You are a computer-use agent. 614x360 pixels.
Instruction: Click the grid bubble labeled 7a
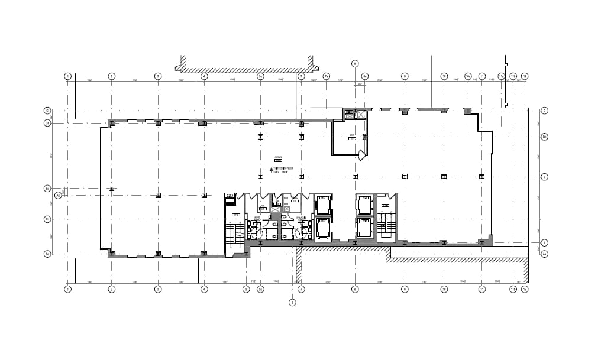(x=326, y=76)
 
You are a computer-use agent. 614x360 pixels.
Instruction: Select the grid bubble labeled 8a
(x=365, y=76)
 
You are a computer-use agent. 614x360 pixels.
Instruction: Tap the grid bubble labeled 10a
(x=467, y=76)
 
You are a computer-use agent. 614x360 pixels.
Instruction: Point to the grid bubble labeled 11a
(x=500, y=76)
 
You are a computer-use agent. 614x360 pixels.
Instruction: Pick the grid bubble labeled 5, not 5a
(x=246, y=289)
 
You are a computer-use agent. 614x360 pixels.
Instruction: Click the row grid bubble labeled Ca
(x=47, y=123)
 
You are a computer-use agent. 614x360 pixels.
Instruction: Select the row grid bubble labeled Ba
(x=47, y=189)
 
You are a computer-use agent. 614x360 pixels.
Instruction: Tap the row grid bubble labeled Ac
(x=57, y=194)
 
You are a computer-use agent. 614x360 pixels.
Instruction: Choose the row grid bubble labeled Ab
(x=47, y=219)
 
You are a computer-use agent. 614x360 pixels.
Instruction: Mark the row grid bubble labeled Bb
(x=544, y=137)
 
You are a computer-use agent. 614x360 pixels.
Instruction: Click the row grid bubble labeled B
(x=544, y=176)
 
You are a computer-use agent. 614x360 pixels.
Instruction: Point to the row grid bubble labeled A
(x=544, y=242)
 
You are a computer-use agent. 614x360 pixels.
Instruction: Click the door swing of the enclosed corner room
(x=362, y=155)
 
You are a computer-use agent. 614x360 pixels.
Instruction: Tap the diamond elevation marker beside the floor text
(x=271, y=170)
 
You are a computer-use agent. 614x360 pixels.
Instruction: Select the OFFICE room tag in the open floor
(x=278, y=158)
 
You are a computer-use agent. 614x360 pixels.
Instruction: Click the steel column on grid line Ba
(x=111, y=188)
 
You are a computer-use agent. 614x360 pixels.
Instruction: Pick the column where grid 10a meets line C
(x=467, y=111)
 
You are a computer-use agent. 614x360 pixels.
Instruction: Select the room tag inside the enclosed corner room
(x=351, y=136)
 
